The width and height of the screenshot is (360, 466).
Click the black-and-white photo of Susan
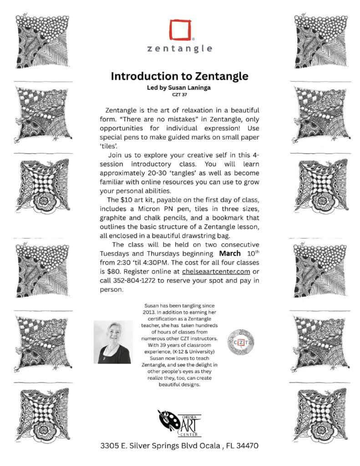click(113, 342)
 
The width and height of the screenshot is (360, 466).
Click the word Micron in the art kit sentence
click(158, 209)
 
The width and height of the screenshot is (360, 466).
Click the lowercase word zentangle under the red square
click(180, 48)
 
